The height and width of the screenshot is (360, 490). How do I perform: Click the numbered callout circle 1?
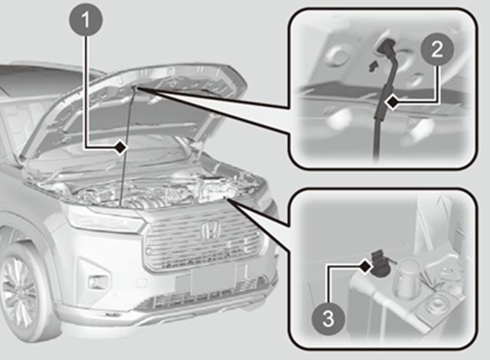click(x=85, y=20)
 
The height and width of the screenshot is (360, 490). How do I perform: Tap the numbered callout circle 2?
click(x=436, y=49)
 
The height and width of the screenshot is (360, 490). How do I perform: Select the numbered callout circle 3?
click(x=328, y=319)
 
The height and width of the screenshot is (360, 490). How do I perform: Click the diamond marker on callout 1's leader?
click(x=120, y=147)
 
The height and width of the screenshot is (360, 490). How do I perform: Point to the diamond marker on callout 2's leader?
click(x=393, y=103)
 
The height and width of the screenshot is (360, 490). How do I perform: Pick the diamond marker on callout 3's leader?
click(x=365, y=267)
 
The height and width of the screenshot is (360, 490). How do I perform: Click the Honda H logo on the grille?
click(x=211, y=231)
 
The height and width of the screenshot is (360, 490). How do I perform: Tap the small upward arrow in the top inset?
click(x=373, y=67)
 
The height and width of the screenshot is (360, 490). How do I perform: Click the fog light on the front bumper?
click(x=95, y=282)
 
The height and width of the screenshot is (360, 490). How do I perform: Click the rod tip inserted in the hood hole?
click(x=386, y=46)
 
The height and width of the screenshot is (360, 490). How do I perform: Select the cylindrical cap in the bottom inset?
click(x=407, y=278)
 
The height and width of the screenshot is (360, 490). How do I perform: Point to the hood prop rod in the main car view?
click(x=128, y=146)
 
